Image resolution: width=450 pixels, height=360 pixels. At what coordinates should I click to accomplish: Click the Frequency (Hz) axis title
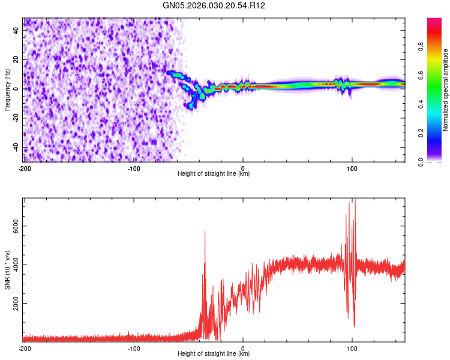point(7,90)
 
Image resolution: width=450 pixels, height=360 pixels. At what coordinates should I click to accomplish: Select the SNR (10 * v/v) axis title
point(7,269)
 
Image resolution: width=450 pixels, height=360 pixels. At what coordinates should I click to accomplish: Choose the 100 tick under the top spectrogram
point(352,167)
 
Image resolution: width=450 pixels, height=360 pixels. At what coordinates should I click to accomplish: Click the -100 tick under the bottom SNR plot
point(133,348)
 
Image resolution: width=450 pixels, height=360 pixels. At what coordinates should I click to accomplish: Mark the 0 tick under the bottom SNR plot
point(243,348)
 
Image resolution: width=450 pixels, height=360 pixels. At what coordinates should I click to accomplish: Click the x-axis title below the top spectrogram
point(214,174)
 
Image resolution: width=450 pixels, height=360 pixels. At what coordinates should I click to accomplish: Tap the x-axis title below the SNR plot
point(214,354)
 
